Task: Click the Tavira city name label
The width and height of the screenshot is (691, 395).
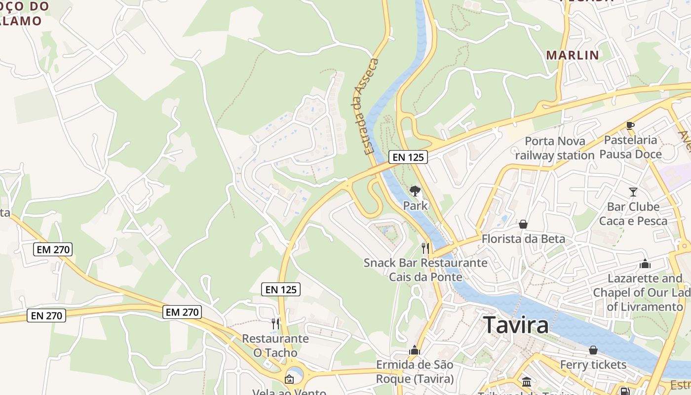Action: (x=516, y=325)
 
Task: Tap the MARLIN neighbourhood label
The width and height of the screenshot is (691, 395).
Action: (x=572, y=55)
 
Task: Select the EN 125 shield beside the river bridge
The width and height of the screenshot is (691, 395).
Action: (x=408, y=157)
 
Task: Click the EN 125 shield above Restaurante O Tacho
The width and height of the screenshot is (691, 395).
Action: (x=281, y=289)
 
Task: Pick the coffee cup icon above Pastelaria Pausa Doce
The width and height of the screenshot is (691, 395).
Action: (x=630, y=125)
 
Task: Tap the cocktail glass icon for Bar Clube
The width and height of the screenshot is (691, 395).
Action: (x=633, y=192)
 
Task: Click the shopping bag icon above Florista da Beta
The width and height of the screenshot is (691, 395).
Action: (x=523, y=225)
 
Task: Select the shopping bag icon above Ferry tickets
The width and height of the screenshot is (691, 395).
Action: (x=593, y=350)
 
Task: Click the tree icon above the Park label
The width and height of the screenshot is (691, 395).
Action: (x=415, y=191)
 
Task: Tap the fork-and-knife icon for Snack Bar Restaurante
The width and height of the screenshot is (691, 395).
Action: (x=425, y=247)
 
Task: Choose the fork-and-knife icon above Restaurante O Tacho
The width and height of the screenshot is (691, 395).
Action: (x=275, y=323)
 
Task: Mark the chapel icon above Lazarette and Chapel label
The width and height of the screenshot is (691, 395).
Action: (x=645, y=264)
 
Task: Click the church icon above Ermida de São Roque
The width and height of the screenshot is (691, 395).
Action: (x=414, y=351)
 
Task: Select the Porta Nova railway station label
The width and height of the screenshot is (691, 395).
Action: (x=555, y=148)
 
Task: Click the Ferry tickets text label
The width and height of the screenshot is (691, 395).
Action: (x=593, y=365)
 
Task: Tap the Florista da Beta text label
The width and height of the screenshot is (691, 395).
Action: (x=523, y=239)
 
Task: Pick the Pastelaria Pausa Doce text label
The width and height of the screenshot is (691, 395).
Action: (x=630, y=147)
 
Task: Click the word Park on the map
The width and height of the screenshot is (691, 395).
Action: (x=416, y=205)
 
